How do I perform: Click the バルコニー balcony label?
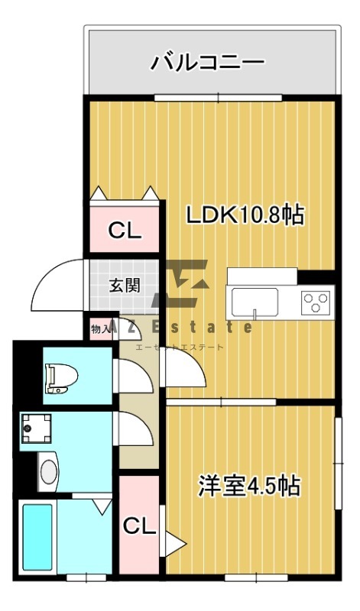(x=208, y=63)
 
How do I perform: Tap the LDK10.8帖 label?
(x=245, y=215)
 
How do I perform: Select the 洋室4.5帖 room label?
(x=250, y=486)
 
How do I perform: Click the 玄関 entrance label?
(x=124, y=286)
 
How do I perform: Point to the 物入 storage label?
(x=100, y=329)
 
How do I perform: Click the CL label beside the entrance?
(x=124, y=231)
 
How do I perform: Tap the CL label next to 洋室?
(x=139, y=527)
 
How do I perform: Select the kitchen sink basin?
(x=255, y=302)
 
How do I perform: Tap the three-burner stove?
(x=316, y=302)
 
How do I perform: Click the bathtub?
(x=37, y=537)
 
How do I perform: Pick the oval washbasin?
(x=48, y=471)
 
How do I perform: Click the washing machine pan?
(x=36, y=428)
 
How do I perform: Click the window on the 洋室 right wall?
(x=339, y=464)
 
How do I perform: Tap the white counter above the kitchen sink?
(x=262, y=276)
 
